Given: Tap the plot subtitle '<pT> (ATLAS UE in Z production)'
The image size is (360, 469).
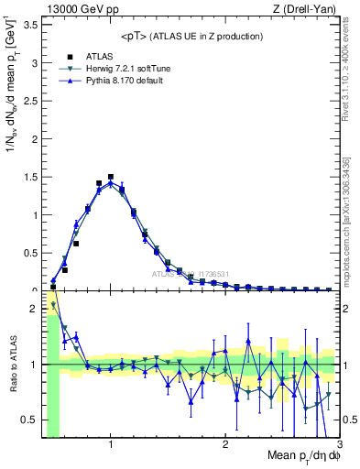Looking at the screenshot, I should (191, 36).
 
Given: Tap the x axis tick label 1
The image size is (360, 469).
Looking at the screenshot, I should (111, 445).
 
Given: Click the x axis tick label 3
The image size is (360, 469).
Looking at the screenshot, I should (338, 445).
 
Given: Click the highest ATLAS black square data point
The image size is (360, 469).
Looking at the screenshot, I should (111, 177).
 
